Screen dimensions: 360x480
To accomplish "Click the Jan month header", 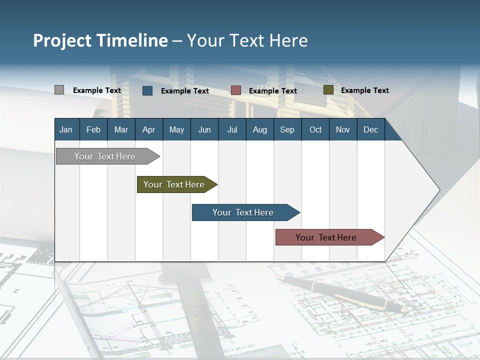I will (x=66, y=129).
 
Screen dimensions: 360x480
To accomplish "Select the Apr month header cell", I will (x=149, y=129).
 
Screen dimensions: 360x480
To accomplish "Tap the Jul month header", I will (x=232, y=129).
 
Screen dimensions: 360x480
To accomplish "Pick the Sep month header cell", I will (x=287, y=129).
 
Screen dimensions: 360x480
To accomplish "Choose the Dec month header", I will (x=370, y=129).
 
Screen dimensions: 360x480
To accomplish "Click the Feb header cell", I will (x=93, y=129).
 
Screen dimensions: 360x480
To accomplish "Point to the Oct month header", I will (x=315, y=129).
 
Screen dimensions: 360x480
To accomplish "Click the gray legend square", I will (x=59, y=90).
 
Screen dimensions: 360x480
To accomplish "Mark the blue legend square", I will (x=147, y=90).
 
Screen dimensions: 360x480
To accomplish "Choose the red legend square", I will (x=236, y=90).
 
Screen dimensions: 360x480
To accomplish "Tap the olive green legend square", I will (x=328, y=90).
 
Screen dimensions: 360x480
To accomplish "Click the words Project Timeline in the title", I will (x=100, y=40).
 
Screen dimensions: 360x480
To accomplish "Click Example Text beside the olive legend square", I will (x=364, y=90).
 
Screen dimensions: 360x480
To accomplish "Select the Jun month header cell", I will (x=204, y=129).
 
